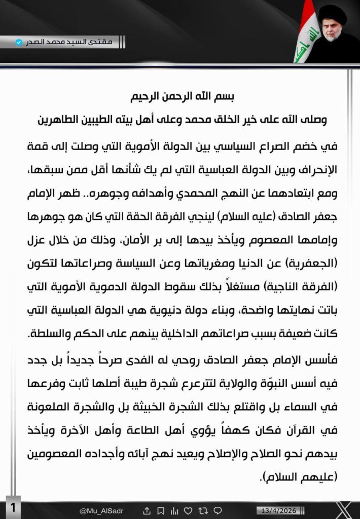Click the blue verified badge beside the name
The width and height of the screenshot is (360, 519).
coord(19,42)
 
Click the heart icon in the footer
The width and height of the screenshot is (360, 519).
coord(188,510)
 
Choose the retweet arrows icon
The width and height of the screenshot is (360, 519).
coord(202,510)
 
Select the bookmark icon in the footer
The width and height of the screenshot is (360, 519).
coord(160,510)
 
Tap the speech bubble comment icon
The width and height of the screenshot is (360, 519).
coord(217,510)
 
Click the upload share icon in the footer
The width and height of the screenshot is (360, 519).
coord(147,510)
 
